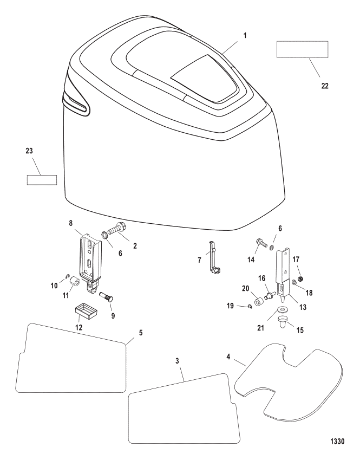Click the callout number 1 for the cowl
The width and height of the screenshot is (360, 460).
(245, 36)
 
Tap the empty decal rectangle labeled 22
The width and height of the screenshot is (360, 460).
(302, 49)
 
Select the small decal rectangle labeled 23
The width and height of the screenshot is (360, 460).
(42, 180)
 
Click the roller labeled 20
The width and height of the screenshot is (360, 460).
(259, 302)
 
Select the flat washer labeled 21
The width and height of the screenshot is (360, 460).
(283, 309)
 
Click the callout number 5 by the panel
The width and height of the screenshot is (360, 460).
(141, 333)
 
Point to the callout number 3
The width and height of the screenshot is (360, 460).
(177, 361)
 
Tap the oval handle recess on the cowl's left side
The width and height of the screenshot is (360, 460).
(76, 104)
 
